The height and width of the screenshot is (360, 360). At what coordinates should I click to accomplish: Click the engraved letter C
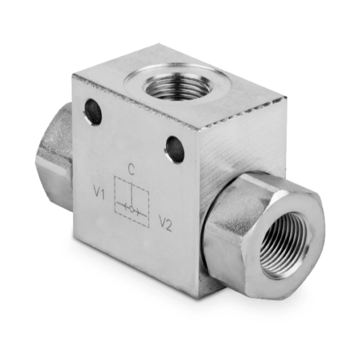131,170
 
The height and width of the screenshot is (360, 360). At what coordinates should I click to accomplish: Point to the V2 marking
166,224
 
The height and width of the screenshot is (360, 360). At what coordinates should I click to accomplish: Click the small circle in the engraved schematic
132,209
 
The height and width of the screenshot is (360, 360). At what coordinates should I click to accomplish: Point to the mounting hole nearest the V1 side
93,112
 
